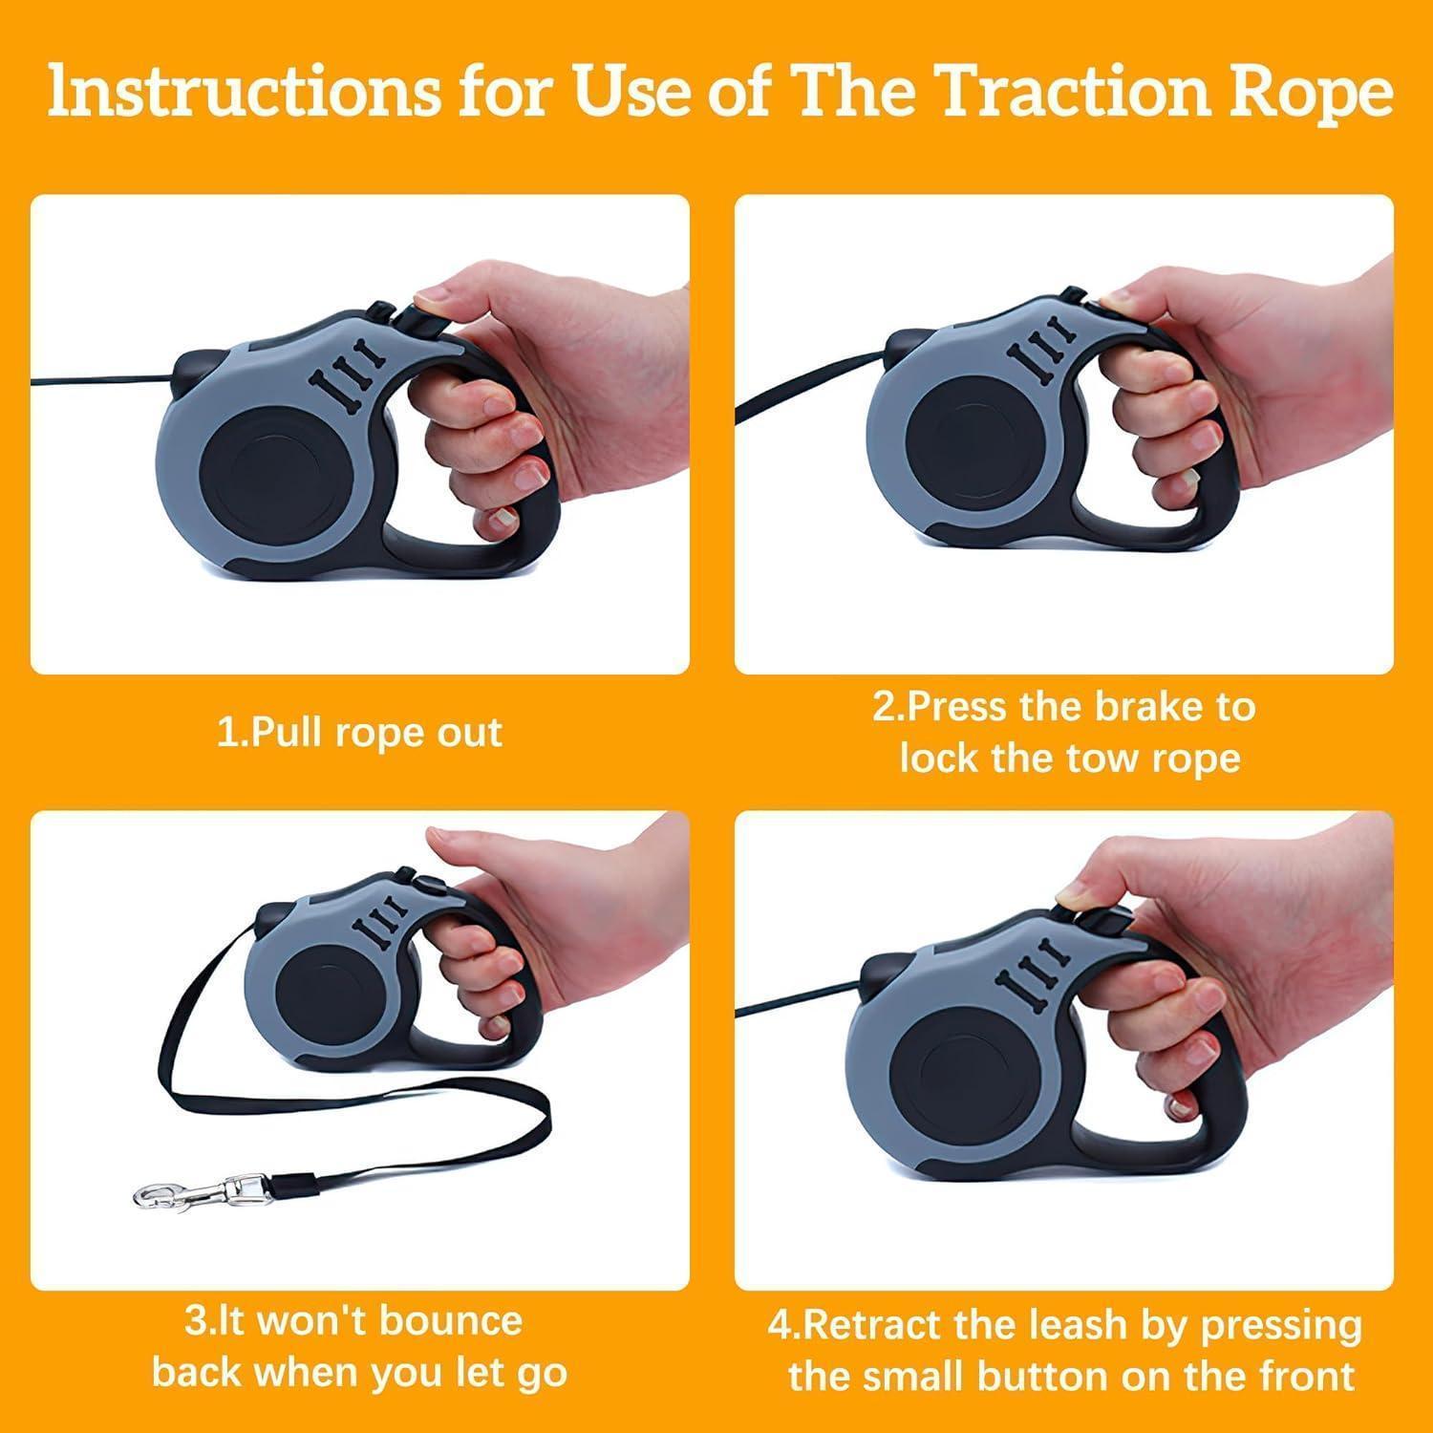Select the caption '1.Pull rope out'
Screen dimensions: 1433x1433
(x=360, y=734)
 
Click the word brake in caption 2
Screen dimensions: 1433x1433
(x=1156, y=708)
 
